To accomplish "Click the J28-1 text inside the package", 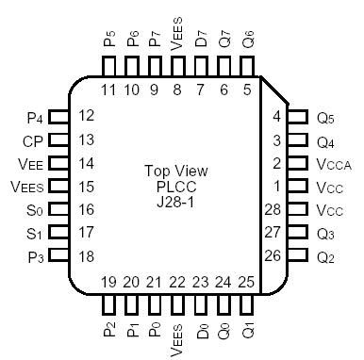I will (x=175, y=201).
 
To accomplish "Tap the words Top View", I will (x=175, y=171).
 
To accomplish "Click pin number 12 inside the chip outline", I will (x=88, y=116).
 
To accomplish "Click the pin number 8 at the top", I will (x=177, y=90).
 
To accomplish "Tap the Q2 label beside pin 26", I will (x=326, y=255).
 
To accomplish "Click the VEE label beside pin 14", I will (x=30, y=163).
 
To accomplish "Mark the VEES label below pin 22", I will (x=176, y=337).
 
